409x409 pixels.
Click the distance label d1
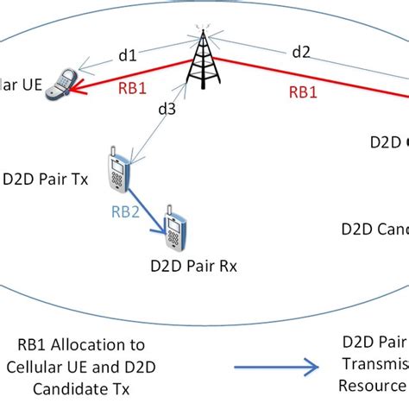[128, 56]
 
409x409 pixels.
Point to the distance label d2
[300, 52]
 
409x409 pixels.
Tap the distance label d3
[167, 109]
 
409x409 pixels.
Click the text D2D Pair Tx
[45, 181]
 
